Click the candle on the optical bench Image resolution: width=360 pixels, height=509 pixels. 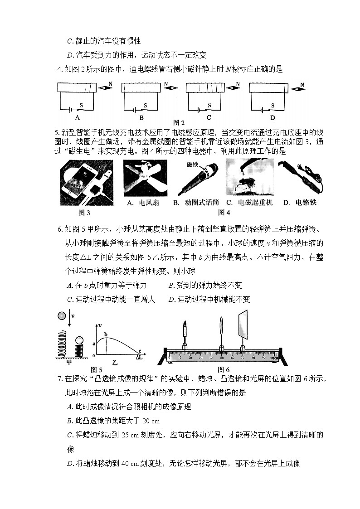coord(185,332)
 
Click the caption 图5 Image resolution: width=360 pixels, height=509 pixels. coord(97,369)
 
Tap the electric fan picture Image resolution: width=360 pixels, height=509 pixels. coord(145,178)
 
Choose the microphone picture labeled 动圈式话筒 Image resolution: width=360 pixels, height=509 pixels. coord(198,178)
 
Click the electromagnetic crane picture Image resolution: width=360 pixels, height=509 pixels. coord(249,178)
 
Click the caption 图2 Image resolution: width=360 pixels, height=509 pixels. coord(180,123)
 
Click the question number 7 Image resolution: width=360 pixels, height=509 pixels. coord(59,378)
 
